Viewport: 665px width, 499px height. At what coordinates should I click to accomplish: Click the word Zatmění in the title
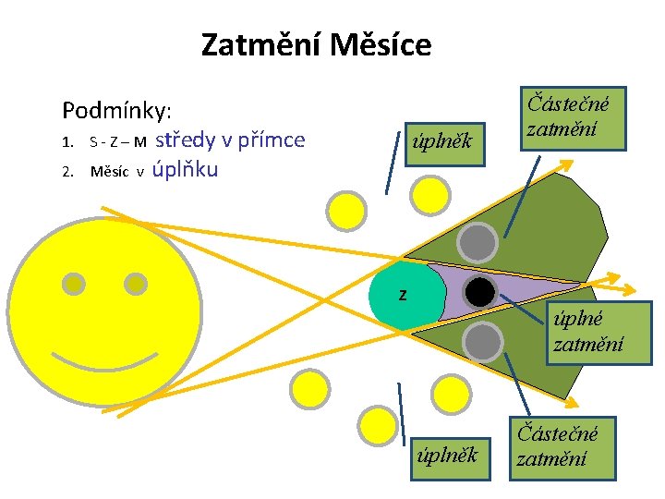pyautogui.click(x=254, y=44)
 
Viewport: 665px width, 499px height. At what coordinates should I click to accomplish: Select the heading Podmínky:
pyautogui.click(x=116, y=112)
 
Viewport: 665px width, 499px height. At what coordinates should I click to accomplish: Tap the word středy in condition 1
pyautogui.click(x=193, y=140)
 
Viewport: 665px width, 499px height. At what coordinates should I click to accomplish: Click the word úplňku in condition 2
pyautogui.click(x=186, y=170)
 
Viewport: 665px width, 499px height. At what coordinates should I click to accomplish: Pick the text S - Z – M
pyautogui.click(x=117, y=142)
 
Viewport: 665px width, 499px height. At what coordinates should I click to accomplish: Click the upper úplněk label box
pyautogui.click(x=445, y=141)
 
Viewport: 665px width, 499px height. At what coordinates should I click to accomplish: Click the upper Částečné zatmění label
pyautogui.click(x=572, y=117)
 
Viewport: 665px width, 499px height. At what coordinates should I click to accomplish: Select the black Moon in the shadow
pyautogui.click(x=479, y=292)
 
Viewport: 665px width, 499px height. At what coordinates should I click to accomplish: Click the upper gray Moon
pyautogui.click(x=478, y=242)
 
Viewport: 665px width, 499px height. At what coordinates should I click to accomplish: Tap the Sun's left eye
pyautogui.click(x=73, y=284)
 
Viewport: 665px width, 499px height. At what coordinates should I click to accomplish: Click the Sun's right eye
pyautogui.click(x=135, y=284)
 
